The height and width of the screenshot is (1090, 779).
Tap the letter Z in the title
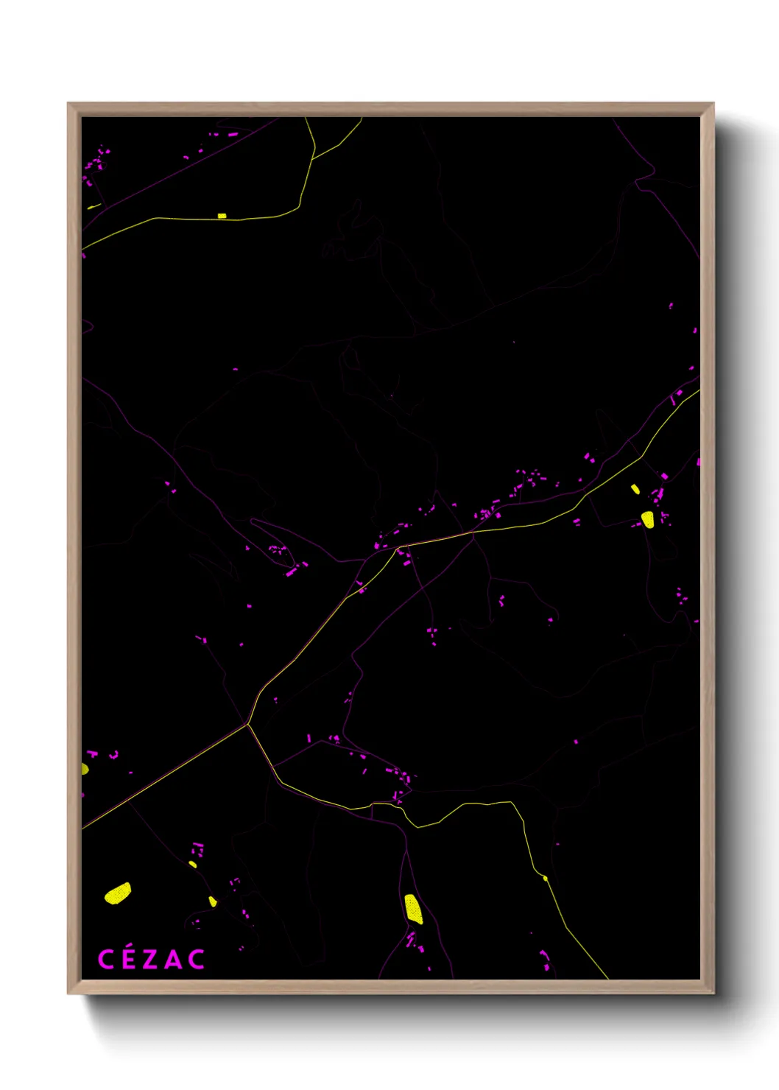click(x=149, y=960)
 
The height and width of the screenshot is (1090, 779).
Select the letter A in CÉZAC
click(x=172, y=960)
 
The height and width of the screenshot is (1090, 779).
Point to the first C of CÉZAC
click(x=106, y=960)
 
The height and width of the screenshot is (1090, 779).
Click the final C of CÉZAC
click(x=196, y=960)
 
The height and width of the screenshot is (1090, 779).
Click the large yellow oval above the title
click(x=118, y=893)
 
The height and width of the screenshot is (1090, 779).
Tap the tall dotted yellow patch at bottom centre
click(x=414, y=909)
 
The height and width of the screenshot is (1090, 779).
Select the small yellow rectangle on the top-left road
click(x=222, y=216)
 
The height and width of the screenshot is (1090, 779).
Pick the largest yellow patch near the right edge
click(x=647, y=519)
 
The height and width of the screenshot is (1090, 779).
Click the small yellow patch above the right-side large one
click(x=635, y=488)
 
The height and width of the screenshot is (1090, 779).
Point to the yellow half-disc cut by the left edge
click(x=85, y=769)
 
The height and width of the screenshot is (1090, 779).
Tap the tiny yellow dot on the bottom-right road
click(x=545, y=878)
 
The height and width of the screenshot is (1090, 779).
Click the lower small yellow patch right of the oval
click(x=213, y=901)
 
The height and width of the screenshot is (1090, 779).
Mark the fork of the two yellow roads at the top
click(x=314, y=158)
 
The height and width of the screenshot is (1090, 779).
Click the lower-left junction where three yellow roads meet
click(x=248, y=725)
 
